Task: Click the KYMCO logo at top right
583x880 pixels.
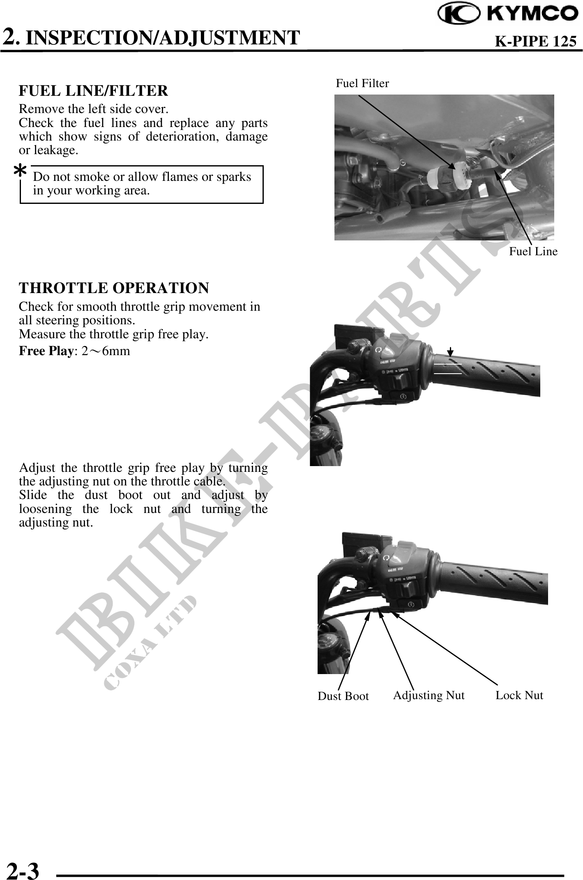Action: coord(508,14)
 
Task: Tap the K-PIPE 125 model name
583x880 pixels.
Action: coord(535,41)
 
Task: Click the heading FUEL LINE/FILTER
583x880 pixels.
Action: coord(93,90)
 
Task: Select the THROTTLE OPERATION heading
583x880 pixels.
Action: coord(114,288)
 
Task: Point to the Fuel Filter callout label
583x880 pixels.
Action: coord(362,83)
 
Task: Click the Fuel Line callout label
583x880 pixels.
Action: coord(533,252)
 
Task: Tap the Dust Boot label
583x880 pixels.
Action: coord(343,696)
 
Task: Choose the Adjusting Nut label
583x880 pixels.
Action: coord(429,695)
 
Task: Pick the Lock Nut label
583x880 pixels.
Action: coord(519,695)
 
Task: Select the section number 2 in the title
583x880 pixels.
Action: coord(9,37)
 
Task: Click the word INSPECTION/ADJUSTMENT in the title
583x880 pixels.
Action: coord(165,38)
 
